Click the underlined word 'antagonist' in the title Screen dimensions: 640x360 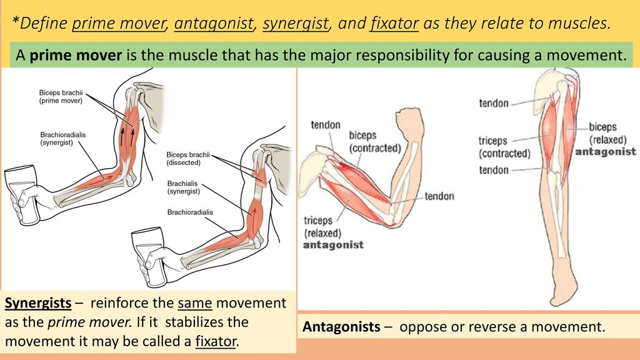coord(214,23)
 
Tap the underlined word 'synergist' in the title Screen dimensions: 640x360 coord(296,23)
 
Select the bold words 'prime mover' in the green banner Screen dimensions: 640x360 coord(76,55)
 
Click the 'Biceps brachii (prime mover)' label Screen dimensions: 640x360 coord(61,97)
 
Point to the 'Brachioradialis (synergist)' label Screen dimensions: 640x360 coord(63,138)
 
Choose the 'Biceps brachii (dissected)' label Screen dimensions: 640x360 coord(187,158)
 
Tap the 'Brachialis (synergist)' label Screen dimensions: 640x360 coord(183,187)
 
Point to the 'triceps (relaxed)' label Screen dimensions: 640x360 coord(322,226)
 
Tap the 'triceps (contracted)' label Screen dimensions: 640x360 coord(504,147)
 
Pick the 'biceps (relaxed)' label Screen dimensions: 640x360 coord(607,134)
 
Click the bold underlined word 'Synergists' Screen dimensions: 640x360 coord(38,303)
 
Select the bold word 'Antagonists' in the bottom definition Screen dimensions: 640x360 coord(341,326)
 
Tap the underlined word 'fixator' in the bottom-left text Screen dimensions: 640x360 coord(216,341)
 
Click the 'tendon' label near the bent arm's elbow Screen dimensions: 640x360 coord(439,196)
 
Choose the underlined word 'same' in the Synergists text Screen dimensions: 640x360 coord(195,303)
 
